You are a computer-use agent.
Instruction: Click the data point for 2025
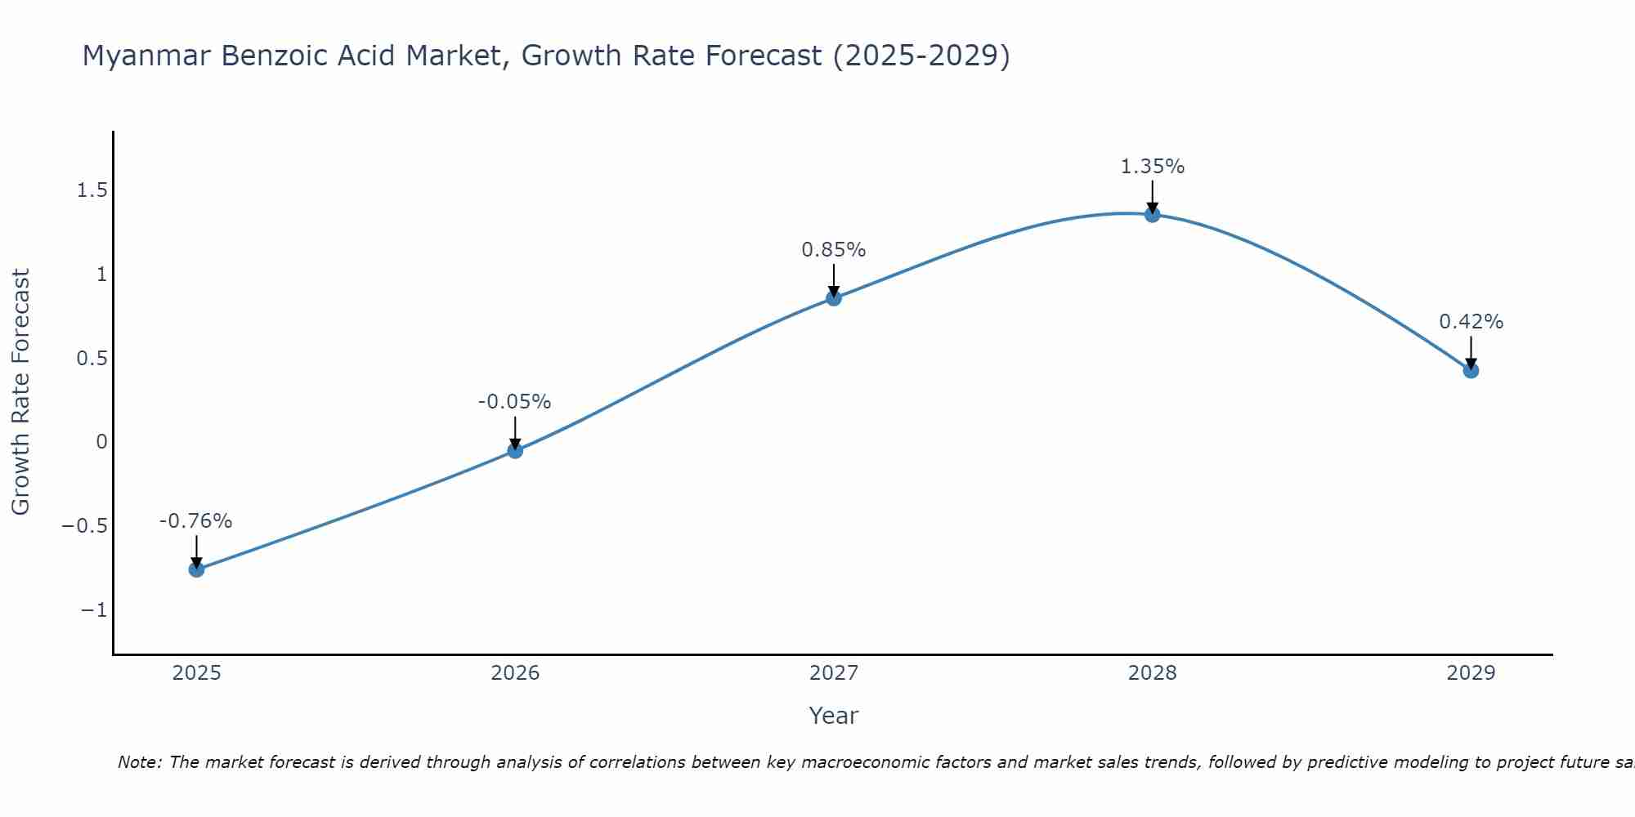click(196, 569)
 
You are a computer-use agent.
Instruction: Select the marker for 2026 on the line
click(515, 450)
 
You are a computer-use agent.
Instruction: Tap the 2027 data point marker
click(834, 298)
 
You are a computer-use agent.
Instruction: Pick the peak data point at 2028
click(1153, 215)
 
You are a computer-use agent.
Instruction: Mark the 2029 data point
click(1471, 370)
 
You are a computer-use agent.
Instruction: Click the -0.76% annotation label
click(195, 521)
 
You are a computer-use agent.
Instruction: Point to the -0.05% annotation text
click(514, 402)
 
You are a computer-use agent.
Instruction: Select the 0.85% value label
click(833, 250)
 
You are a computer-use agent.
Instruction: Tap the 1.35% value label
click(1152, 167)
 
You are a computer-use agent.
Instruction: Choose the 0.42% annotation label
click(1471, 322)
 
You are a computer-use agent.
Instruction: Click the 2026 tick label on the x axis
click(515, 673)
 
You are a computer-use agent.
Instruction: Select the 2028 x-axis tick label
click(1153, 673)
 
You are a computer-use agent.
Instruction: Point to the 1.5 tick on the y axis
click(92, 190)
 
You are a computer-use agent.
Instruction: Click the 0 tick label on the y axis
click(101, 442)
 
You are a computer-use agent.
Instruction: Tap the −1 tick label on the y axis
click(94, 610)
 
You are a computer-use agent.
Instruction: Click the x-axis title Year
click(833, 716)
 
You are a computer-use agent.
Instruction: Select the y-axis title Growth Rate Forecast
click(20, 391)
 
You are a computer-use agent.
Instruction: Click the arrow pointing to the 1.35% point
click(1153, 196)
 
